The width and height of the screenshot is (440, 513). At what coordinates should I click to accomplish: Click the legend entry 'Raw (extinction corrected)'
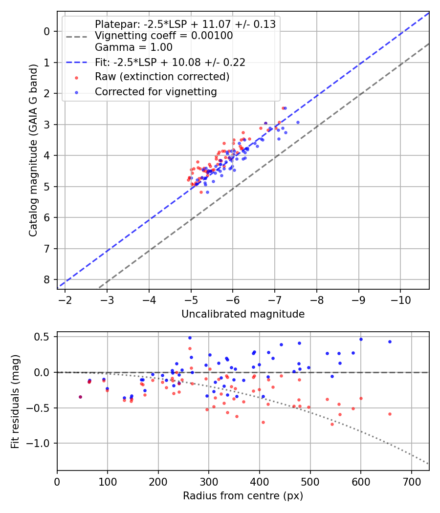point(162,77)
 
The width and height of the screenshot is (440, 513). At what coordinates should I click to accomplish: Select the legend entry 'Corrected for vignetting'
point(155,91)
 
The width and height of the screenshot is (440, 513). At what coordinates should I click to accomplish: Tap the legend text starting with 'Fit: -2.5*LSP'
point(170,62)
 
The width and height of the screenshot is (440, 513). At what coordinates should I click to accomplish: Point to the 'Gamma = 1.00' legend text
point(133,47)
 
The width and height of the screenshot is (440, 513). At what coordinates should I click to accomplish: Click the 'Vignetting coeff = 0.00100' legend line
point(164,36)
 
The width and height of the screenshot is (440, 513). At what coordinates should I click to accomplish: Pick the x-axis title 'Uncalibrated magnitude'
point(243,314)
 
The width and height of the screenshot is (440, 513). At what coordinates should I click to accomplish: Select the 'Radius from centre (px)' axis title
point(243,496)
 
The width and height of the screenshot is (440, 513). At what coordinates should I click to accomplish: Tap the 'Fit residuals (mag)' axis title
point(16,401)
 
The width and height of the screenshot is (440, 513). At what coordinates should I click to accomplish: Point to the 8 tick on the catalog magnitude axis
point(47,280)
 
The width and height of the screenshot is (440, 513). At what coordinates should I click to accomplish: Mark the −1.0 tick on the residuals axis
point(42,443)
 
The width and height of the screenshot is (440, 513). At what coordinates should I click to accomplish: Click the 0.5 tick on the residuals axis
point(44,337)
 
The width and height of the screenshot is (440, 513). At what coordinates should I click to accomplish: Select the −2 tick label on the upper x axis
point(65,299)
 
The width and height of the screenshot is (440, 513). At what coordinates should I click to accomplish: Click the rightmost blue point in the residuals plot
point(390,342)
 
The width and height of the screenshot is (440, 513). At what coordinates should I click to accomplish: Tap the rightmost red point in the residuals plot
point(390,414)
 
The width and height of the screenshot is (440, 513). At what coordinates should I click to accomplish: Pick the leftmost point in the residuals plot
point(80,397)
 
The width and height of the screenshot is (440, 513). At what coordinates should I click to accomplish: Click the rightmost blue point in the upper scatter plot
point(298,122)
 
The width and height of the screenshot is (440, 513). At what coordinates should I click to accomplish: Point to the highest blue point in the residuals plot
point(190,338)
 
